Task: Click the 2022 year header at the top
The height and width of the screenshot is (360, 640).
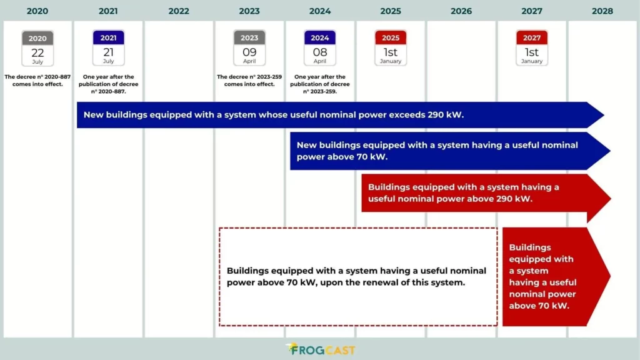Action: [179, 11]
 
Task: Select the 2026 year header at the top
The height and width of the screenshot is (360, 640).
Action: [461, 11]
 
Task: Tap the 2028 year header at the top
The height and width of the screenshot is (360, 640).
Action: [602, 11]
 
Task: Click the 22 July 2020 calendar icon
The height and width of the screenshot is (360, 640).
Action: [37, 48]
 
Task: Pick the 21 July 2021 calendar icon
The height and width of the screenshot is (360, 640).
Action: [108, 48]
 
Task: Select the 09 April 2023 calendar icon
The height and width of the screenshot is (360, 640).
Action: [249, 48]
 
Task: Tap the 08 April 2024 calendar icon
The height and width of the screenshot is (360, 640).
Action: [320, 48]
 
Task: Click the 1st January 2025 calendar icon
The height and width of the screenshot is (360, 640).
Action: [391, 48]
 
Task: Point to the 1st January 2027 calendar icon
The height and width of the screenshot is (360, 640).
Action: [532, 48]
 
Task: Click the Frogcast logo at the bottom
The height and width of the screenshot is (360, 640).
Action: [320, 349]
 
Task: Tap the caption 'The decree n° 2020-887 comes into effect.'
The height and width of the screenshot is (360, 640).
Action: [37, 81]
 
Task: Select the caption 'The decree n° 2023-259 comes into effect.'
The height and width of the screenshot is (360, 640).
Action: [249, 81]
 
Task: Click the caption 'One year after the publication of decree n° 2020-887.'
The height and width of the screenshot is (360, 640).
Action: [108, 84]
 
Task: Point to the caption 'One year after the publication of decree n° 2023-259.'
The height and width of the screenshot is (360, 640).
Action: [320, 84]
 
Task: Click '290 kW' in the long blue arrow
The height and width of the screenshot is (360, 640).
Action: [446, 115]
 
